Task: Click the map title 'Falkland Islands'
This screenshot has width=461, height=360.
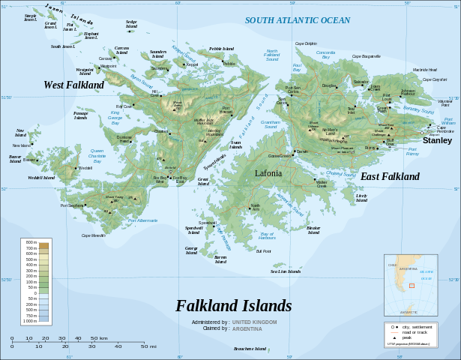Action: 233,306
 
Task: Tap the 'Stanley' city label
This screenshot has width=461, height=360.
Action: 437,140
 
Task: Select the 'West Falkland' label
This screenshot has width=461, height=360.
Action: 73,85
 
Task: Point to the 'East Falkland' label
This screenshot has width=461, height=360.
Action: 390,176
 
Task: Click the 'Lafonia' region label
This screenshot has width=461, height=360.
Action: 268,173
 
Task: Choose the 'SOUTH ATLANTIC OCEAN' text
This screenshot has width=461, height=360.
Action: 298,20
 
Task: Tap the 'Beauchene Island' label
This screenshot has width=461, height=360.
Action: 250,349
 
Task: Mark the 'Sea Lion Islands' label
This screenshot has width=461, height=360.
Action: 285,271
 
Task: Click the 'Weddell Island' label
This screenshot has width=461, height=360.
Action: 42,178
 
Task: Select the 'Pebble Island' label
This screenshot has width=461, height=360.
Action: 221,49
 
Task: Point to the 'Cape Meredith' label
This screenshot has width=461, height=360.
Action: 93,235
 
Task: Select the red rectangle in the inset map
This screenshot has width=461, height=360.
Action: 412,286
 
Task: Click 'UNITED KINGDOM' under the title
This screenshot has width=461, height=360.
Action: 254,322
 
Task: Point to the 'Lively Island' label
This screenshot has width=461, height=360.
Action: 361,198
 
